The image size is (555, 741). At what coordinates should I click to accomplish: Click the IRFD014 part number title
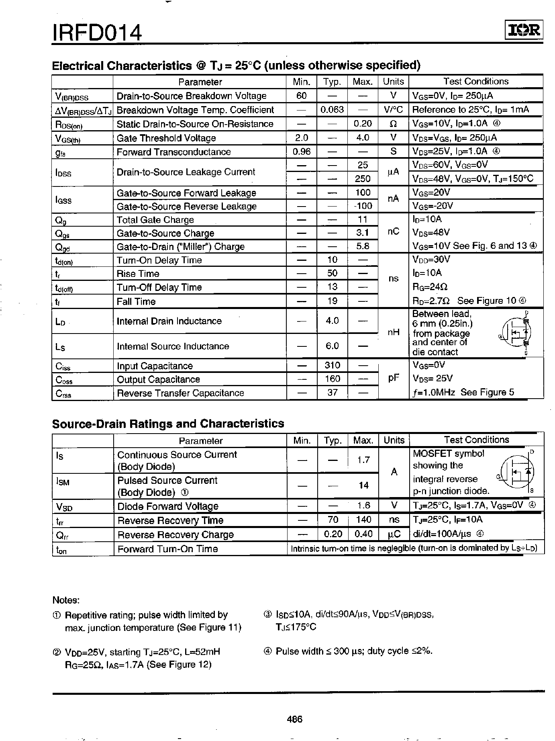[x=97, y=33]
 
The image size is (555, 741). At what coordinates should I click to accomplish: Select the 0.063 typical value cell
[x=332, y=110]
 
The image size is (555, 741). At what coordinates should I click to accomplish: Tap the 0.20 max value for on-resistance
[x=363, y=124]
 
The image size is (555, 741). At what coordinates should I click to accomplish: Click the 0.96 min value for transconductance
[x=301, y=152]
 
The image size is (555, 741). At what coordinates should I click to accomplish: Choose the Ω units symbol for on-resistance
[x=394, y=124]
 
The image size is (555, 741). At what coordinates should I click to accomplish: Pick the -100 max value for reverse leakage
[x=363, y=206]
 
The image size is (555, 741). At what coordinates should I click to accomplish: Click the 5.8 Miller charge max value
[x=363, y=246]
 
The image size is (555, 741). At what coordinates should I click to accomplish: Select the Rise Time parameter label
[x=138, y=274]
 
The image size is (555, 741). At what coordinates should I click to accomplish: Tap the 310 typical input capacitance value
[x=332, y=365]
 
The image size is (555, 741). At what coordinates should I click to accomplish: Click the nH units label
[x=394, y=333]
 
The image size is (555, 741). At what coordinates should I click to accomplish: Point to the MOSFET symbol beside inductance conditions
[x=516, y=333]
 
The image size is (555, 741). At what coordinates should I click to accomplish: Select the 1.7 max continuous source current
[x=363, y=460]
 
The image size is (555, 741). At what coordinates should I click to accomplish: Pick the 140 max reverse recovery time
[x=363, y=520]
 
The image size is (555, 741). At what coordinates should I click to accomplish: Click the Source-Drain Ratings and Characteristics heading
[x=168, y=424]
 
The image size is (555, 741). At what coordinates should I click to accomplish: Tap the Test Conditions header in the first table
[x=476, y=82]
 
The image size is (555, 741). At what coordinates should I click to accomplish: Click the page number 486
[x=294, y=719]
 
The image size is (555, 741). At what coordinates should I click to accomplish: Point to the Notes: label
[x=66, y=600]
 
